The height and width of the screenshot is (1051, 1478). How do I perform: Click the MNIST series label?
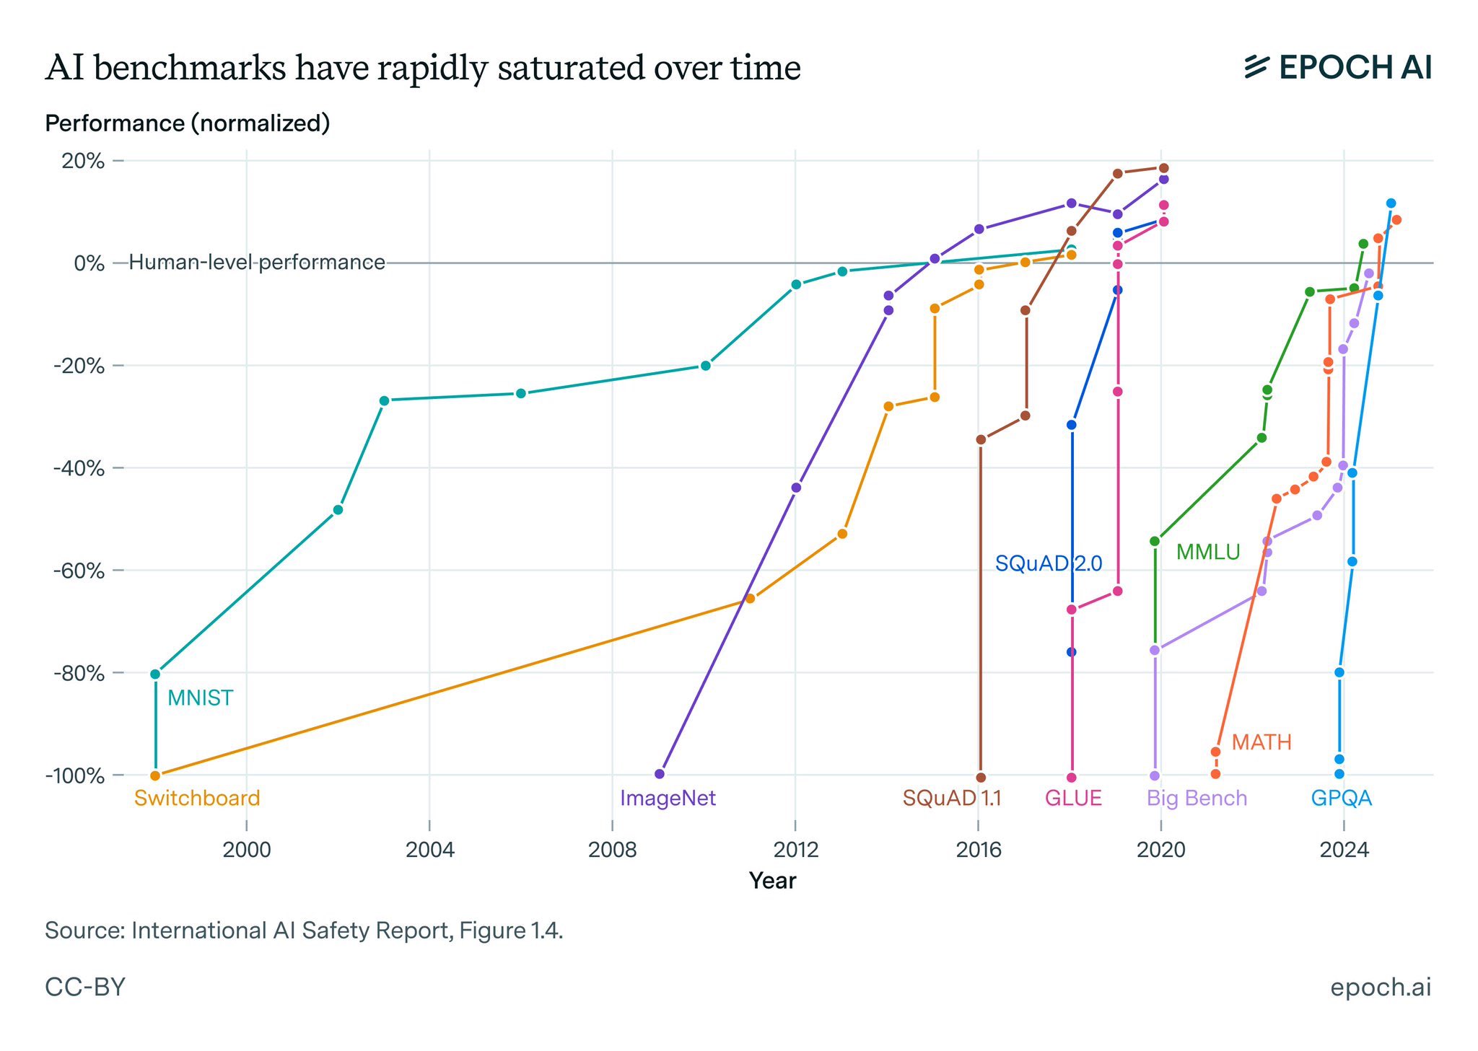(x=200, y=698)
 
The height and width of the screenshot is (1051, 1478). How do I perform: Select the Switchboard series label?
(x=196, y=799)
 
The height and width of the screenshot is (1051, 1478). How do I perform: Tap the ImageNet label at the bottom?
(x=668, y=799)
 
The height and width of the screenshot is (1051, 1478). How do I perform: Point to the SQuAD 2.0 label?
(x=1048, y=563)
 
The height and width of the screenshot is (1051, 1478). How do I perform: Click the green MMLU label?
(x=1207, y=553)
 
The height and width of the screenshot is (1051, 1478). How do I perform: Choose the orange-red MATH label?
(x=1261, y=742)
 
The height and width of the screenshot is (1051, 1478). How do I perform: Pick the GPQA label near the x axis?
(x=1341, y=799)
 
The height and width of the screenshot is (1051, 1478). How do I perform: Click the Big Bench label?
(x=1197, y=799)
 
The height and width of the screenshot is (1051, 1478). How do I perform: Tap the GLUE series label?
(x=1073, y=799)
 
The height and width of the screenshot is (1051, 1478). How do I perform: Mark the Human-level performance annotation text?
(x=256, y=263)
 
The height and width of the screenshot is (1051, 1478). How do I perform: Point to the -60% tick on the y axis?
(x=79, y=571)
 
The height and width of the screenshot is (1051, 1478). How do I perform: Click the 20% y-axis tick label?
(x=84, y=161)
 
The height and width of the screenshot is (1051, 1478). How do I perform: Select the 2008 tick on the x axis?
(x=612, y=850)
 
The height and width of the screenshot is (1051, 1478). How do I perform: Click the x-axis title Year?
(x=772, y=881)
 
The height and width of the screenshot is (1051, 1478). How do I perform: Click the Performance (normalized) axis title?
(x=187, y=123)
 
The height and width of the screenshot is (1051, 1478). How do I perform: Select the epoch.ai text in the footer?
(x=1380, y=987)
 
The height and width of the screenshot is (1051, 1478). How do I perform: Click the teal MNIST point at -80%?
(x=155, y=674)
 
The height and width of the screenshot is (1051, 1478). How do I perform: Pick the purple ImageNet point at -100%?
(x=659, y=774)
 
